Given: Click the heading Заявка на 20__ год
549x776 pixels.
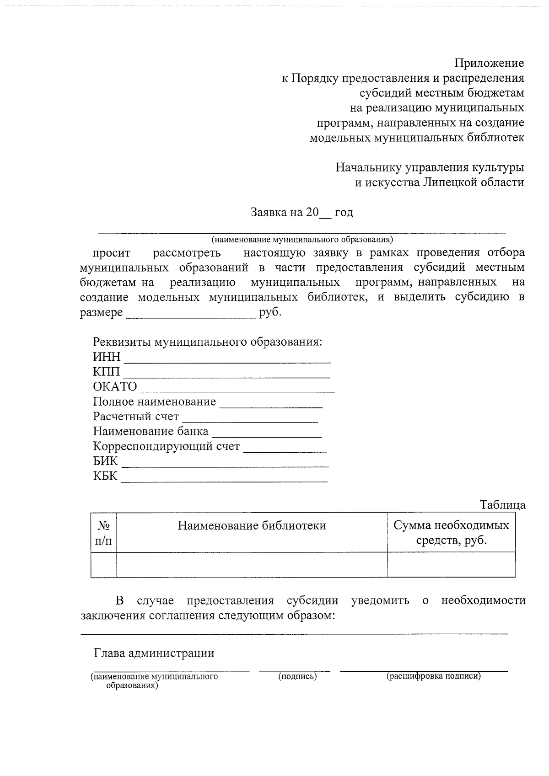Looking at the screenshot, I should click(x=301, y=213).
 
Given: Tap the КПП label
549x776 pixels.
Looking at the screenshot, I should click(x=106, y=372).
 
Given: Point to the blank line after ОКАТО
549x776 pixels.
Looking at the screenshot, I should click(x=237, y=391).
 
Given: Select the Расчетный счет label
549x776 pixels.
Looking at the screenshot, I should click(x=136, y=417).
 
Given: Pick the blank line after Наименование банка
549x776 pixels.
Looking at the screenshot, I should click(x=267, y=435).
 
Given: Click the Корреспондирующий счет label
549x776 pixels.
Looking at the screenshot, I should click(x=167, y=446).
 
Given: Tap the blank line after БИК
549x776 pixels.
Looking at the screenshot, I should click(x=225, y=465).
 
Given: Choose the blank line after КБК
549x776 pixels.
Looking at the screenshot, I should click(x=224, y=480).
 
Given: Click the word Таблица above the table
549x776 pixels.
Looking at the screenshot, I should click(x=502, y=505).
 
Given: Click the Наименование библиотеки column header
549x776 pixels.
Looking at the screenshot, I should click(x=252, y=526).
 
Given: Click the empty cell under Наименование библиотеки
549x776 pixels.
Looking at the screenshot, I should click(x=252, y=565).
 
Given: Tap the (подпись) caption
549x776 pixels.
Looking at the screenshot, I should click(x=297, y=676).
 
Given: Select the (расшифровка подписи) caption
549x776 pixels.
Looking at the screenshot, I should click(x=433, y=676).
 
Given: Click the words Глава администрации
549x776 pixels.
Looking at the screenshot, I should click(x=154, y=653).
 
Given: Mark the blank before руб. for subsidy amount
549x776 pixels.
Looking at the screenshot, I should click(x=190, y=316).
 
